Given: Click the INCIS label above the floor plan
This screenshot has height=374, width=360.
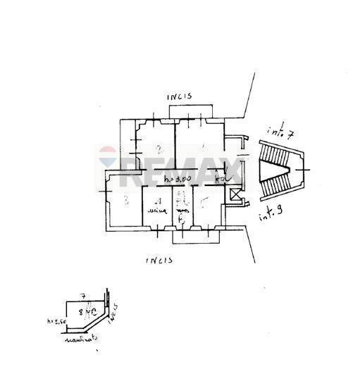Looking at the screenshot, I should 180,96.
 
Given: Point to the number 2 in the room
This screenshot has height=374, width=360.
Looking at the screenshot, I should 160,149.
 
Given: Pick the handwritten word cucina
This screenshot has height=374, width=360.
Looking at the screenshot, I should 156,211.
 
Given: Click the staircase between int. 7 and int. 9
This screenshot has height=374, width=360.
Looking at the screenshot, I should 278,169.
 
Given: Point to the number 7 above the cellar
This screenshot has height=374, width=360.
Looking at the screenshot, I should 83,297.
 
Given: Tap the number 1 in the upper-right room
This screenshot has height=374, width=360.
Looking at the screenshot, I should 203,148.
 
